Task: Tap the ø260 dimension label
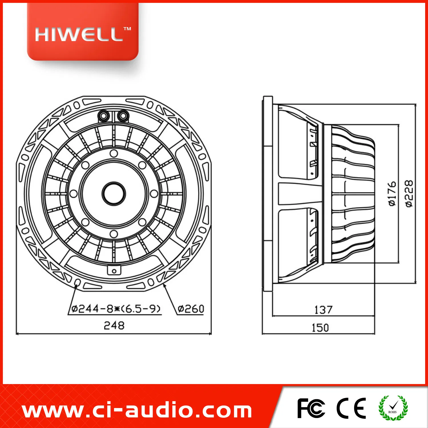click(191, 309)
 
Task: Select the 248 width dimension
click(114, 325)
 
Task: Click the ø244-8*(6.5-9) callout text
click(116, 309)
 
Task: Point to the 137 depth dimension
click(323, 310)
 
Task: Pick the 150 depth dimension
click(320, 328)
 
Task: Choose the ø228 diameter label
click(409, 193)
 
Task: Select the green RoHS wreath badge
click(393, 408)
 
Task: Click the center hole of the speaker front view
click(114, 194)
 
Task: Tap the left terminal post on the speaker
click(103, 116)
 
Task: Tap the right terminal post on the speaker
click(123, 116)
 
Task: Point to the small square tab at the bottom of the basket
click(114, 270)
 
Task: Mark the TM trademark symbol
click(127, 29)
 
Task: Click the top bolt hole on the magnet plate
click(114, 154)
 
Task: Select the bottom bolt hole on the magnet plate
click(114, 234)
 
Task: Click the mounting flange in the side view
click(268, 194)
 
